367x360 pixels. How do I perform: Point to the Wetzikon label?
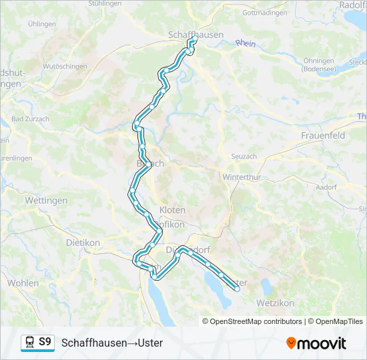point(275,303)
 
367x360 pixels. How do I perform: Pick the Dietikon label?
point(83,243)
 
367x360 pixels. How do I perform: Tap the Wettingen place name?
point(45,200)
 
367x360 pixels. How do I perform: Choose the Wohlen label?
point(23,283)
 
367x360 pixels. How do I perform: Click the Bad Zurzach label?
point(30,119)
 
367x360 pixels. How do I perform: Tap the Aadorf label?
point(326,188)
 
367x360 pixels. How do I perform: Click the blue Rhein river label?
point(245,44)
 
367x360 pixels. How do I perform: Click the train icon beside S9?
point(30,343)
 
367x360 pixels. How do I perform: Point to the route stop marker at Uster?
point(236,289)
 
